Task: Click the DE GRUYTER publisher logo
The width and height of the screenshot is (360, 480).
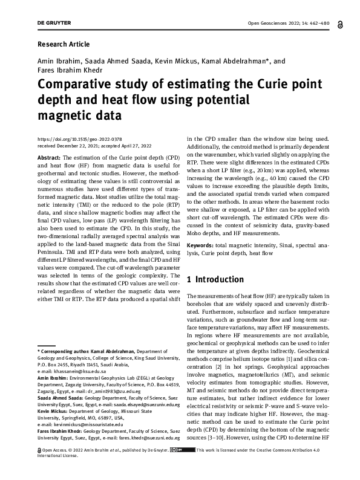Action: tap(54, 24)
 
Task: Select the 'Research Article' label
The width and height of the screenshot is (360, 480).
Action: tap(64, 44)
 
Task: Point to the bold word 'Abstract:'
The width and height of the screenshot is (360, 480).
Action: tap(50, 156)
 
